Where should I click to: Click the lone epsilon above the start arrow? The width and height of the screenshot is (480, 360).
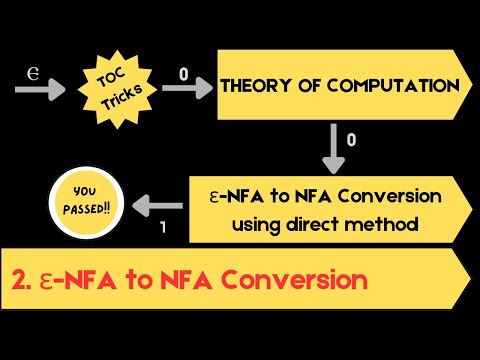tap(32, 72)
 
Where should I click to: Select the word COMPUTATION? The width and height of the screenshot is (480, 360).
tap(392, 87)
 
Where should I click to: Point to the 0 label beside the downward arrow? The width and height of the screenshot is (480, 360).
tap(351, 142)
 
